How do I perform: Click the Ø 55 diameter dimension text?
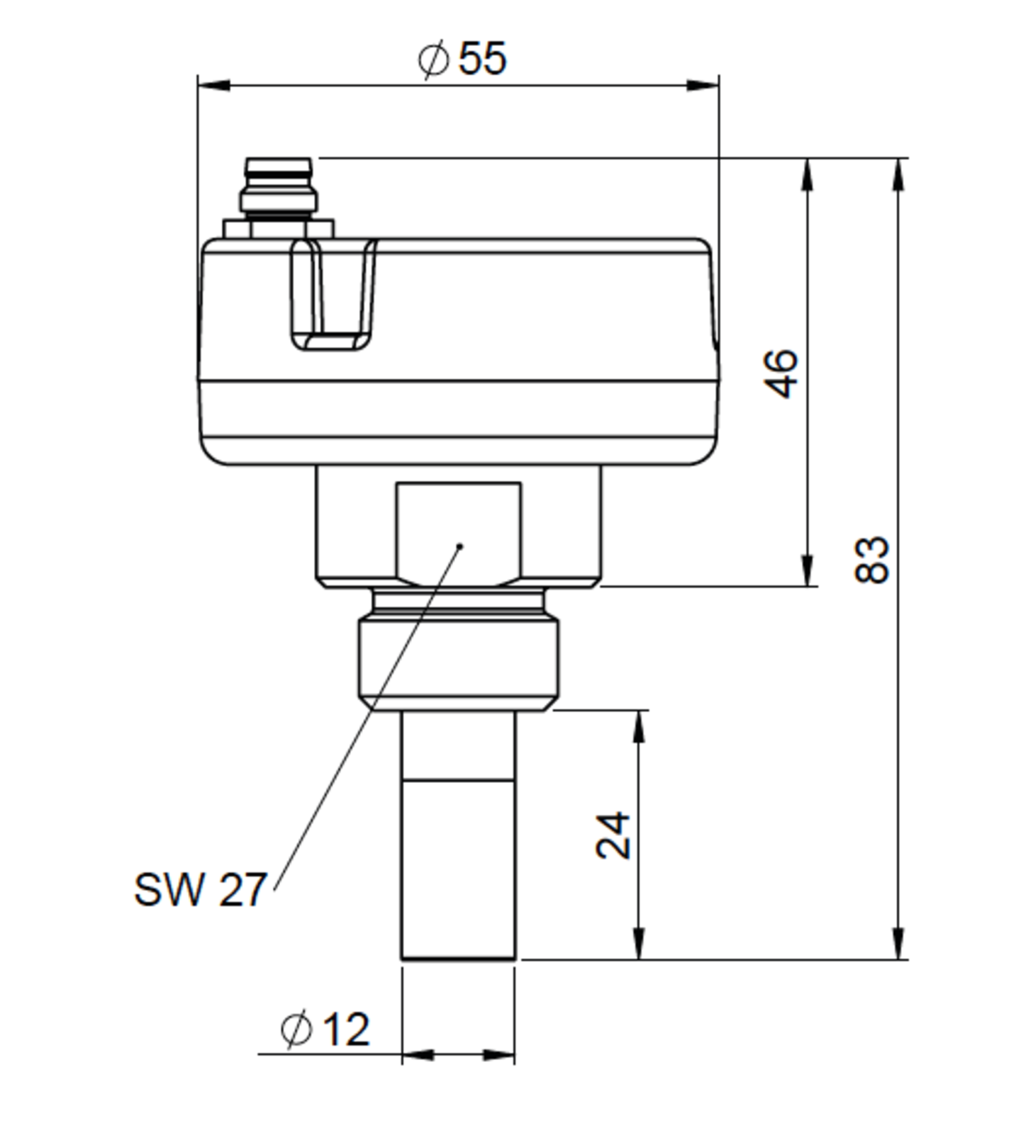(x=462, y=58)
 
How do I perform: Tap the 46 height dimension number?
(x=781, y=373)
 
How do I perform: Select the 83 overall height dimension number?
(x=871, y=560)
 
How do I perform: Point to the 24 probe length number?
(x=613, y=835)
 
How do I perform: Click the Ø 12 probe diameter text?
(x=325, y=1030)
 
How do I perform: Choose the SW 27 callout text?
(x=200, y=890)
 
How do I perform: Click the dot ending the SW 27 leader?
(x=460, y=546)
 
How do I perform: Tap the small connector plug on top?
(x=278, y=187)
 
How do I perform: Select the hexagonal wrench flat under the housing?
(x=458, y=531)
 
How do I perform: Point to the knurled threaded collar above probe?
(x=458, y=659)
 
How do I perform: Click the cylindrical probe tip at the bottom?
(x=458, y=872)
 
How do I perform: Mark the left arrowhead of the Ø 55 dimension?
(x=213, y=86)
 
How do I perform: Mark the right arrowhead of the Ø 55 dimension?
(x=703, y=86)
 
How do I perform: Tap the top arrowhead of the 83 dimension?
(x=898, y=174)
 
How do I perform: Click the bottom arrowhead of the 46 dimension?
(x=808, y=571)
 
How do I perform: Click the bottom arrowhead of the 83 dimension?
(x=898, y=944)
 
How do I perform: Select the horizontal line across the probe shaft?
(x=458, y=782)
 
